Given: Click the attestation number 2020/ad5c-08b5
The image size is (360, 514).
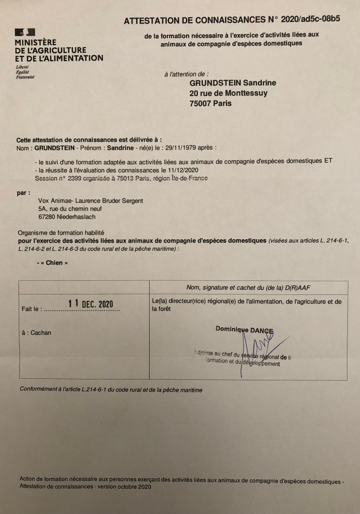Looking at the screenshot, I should [311, 20].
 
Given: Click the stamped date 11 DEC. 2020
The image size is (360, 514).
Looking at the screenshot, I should [91, 303].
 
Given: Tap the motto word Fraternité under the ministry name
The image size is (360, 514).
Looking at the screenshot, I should [25, 77].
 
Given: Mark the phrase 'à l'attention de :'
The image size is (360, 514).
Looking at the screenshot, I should [186, 74].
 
